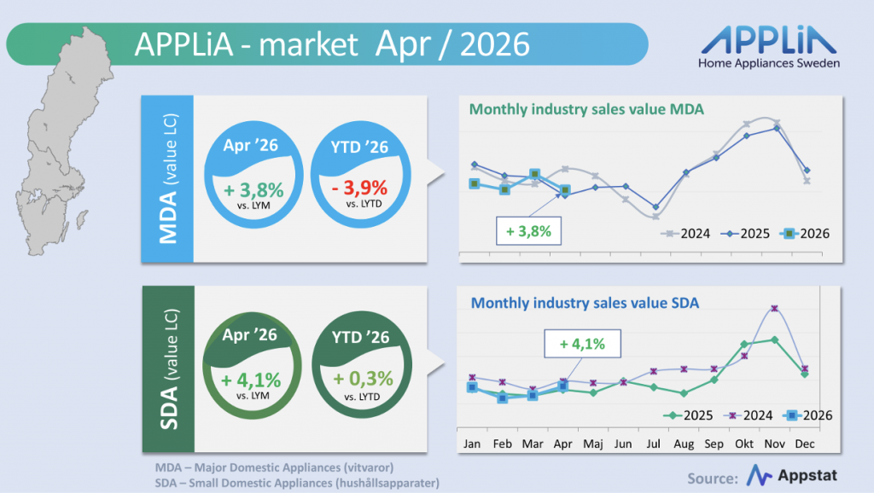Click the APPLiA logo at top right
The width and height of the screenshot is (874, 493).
click(769, 47)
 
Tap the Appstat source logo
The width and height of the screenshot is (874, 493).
click(791, 476)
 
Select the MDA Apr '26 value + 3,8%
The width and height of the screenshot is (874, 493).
click(253, 190)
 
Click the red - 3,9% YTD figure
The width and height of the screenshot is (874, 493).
click(359, 188)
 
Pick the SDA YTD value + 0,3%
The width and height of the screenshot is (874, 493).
click(363, 379)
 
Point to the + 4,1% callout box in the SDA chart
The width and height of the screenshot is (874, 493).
click(582, 344)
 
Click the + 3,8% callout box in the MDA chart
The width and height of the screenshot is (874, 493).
click(528, 231)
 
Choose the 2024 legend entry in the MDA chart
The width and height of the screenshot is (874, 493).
click(685, 234)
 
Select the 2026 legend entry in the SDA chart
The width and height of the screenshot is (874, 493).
click(807, 415)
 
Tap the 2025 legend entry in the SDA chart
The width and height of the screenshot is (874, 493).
click(689, 415)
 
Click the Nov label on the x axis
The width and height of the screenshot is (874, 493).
click(774, 444)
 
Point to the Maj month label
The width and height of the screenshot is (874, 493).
click(593, 444)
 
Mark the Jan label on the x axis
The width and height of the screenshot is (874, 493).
click(472, 444)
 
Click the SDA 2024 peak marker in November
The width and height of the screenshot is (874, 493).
click(774, 308)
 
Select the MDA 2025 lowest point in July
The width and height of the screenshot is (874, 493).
click(655, 207)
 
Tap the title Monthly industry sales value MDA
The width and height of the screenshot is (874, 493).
click(586, 109)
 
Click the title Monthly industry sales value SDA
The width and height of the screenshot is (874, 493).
click(585, 303)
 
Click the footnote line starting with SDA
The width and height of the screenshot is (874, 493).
click(297, 483)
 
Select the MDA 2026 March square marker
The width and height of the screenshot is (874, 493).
click(534, 174)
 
